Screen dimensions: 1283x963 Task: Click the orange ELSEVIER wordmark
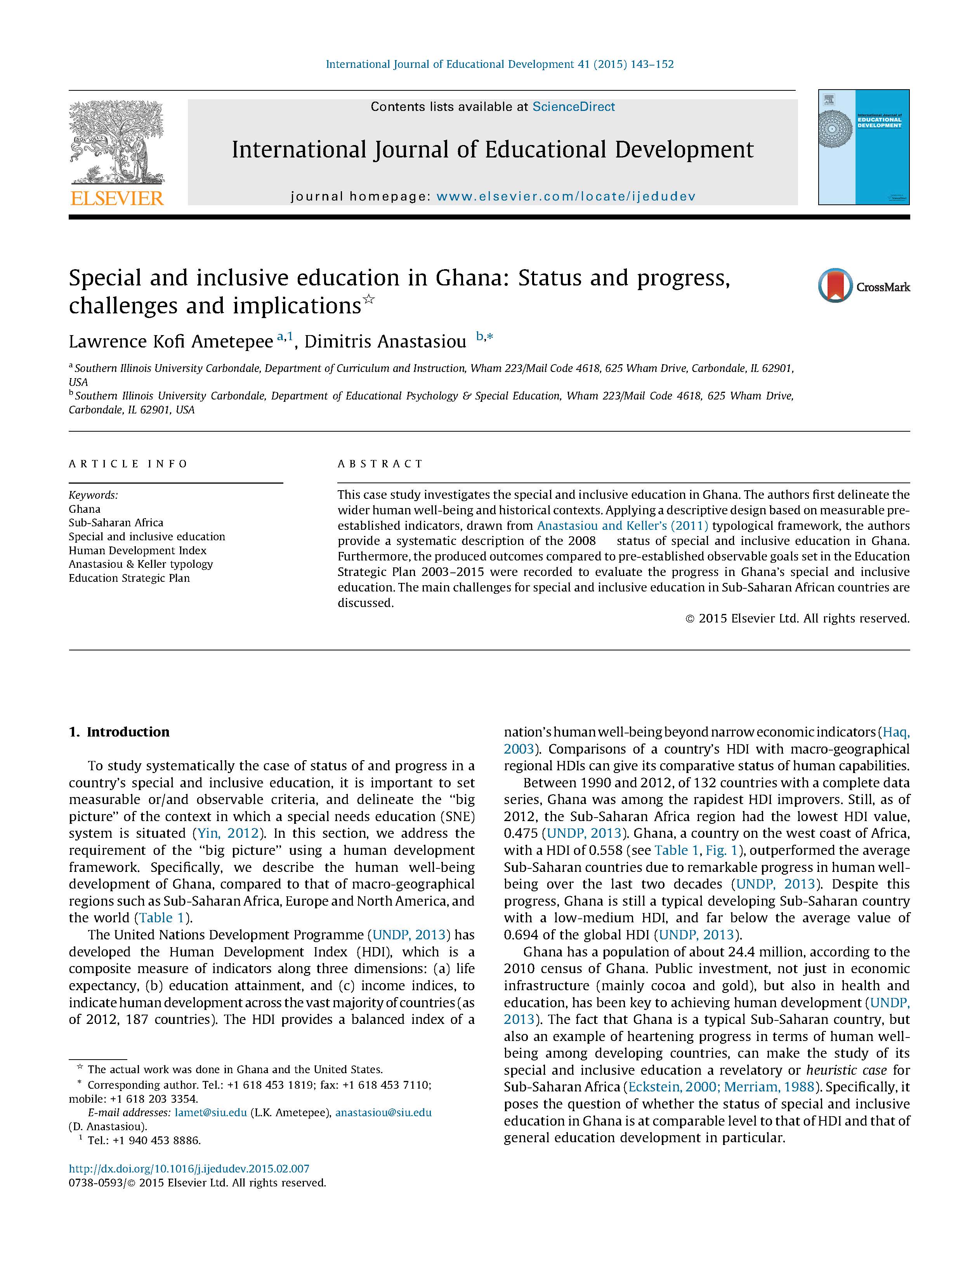(x=117, y=198)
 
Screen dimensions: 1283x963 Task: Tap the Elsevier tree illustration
(x=117, y=142)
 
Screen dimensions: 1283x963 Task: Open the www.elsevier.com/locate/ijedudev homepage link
(x=566, y=197)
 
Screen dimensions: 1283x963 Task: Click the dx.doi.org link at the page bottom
(x=189, y=1169)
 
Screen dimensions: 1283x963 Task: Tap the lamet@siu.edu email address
(x=211, y=1112)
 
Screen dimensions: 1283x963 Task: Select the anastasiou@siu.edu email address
(x=383, y=1112)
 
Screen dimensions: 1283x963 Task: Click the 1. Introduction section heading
(x=119, y=732)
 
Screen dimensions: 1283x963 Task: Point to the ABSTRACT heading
(x=380, y=464)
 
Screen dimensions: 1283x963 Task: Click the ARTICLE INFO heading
(x=128, y=464)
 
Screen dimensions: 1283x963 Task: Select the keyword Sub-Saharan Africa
(x=116, y=522)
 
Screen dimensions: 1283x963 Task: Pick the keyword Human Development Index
(x=137, y=550)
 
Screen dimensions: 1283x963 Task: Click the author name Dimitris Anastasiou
(x=385, y=342)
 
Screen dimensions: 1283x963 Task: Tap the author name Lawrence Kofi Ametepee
(x=171, y=342)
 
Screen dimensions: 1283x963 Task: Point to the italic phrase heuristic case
(x=846, y=1070)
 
